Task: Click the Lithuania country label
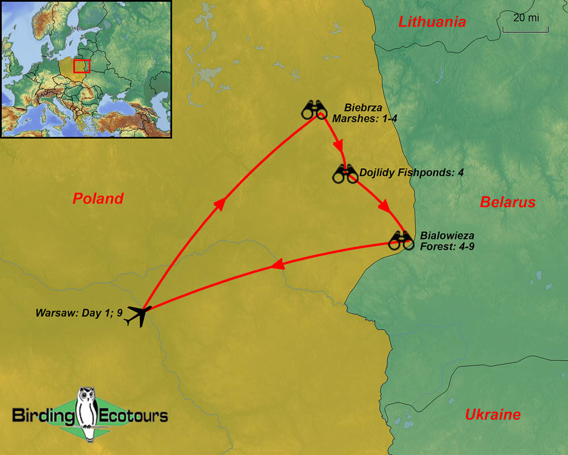coord(432,22)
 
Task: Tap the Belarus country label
coord(508,202)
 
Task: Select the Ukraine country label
coord(492,415)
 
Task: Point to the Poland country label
coord(98,198)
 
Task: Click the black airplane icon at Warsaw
coord(137,315)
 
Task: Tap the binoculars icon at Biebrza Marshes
coord(314,109)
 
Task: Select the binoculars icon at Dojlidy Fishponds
coord(345,174)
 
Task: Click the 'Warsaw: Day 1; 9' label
coord(79,312)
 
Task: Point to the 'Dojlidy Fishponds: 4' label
coord(411,172)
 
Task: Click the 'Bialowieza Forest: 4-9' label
coord(447,241)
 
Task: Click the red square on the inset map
coord(82,66)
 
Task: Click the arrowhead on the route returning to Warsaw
coord(277,264)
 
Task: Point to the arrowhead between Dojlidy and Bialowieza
coord(385,205)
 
